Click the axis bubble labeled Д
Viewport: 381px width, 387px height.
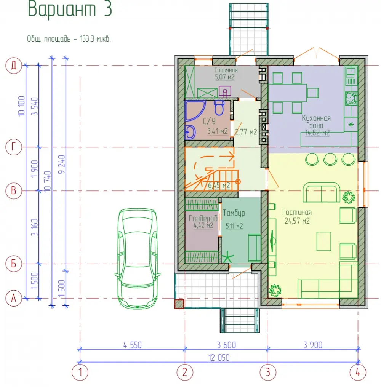(x=14, y=66)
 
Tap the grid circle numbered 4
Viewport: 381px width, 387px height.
(x=358, y=372)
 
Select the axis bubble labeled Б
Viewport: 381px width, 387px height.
(x=14, y=264)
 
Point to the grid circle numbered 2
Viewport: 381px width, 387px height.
(x=185, y=372)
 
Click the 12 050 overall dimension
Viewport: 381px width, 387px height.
(x=219, y=358)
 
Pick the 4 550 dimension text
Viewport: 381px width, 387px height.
(x=133, y=345)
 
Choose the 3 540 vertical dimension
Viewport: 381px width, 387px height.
(x=35, y=106)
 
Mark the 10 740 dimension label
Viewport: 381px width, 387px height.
(x=47, y=181)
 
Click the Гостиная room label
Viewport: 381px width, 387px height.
(x=297, y=212)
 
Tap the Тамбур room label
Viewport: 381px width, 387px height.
(x=234, y=213)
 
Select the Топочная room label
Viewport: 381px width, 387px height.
(x=226, y=70)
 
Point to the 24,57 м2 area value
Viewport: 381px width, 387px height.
(x=297, y=221)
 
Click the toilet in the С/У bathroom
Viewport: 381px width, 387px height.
(x=219, y=108)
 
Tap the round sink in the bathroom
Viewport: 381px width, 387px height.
(x=190, y=132)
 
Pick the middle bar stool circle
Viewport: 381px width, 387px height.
(x=330, y=159)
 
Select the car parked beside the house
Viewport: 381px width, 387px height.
(x=138, y=258)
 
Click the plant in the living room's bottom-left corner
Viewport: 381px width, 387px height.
(x=275, y=291)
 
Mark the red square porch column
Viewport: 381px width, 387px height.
(x=179, y=304)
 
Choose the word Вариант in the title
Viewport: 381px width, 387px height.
(x=62, y=9)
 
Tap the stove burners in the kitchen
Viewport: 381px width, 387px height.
(x=351, y=98)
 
